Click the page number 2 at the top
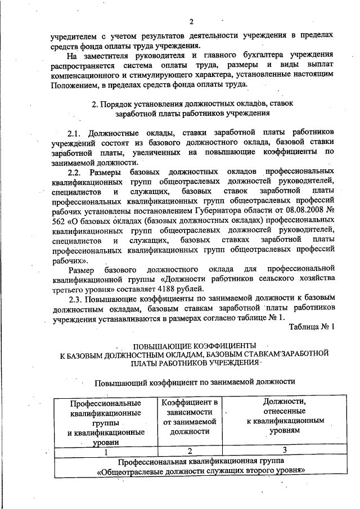pyautogui.click(x=191, y=22)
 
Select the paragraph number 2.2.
pyautogui.click(x=76, y=171)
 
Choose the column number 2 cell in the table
pyautogui.click(x=190, y=451)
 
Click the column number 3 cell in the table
pyautogui.click(x=284, y=449)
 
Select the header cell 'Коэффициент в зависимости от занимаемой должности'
pyautogui.click(x=190, y=417)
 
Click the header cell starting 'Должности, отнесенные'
pyautogui.click(x=284, y=416)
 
